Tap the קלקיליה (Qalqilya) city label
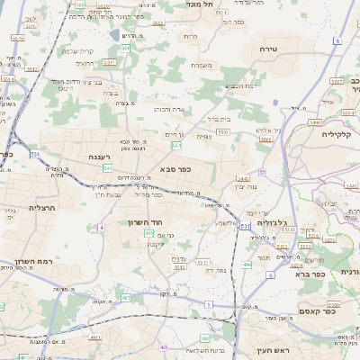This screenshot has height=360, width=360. point(339,133)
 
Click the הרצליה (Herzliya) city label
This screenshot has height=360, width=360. point(42,208)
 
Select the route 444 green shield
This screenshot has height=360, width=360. point(247,265)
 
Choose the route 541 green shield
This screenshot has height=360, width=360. point(107,167)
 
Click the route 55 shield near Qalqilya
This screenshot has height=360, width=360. point(263,171)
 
